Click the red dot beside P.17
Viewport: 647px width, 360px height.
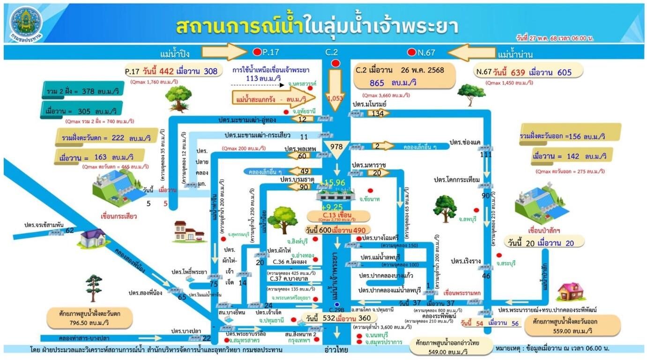257,52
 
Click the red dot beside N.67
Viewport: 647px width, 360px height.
412,52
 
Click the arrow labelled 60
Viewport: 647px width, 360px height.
303,156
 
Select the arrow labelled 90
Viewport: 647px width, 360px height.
304,187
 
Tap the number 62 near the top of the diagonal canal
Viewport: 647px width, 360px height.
70,230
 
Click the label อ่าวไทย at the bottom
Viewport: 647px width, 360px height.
336,350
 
